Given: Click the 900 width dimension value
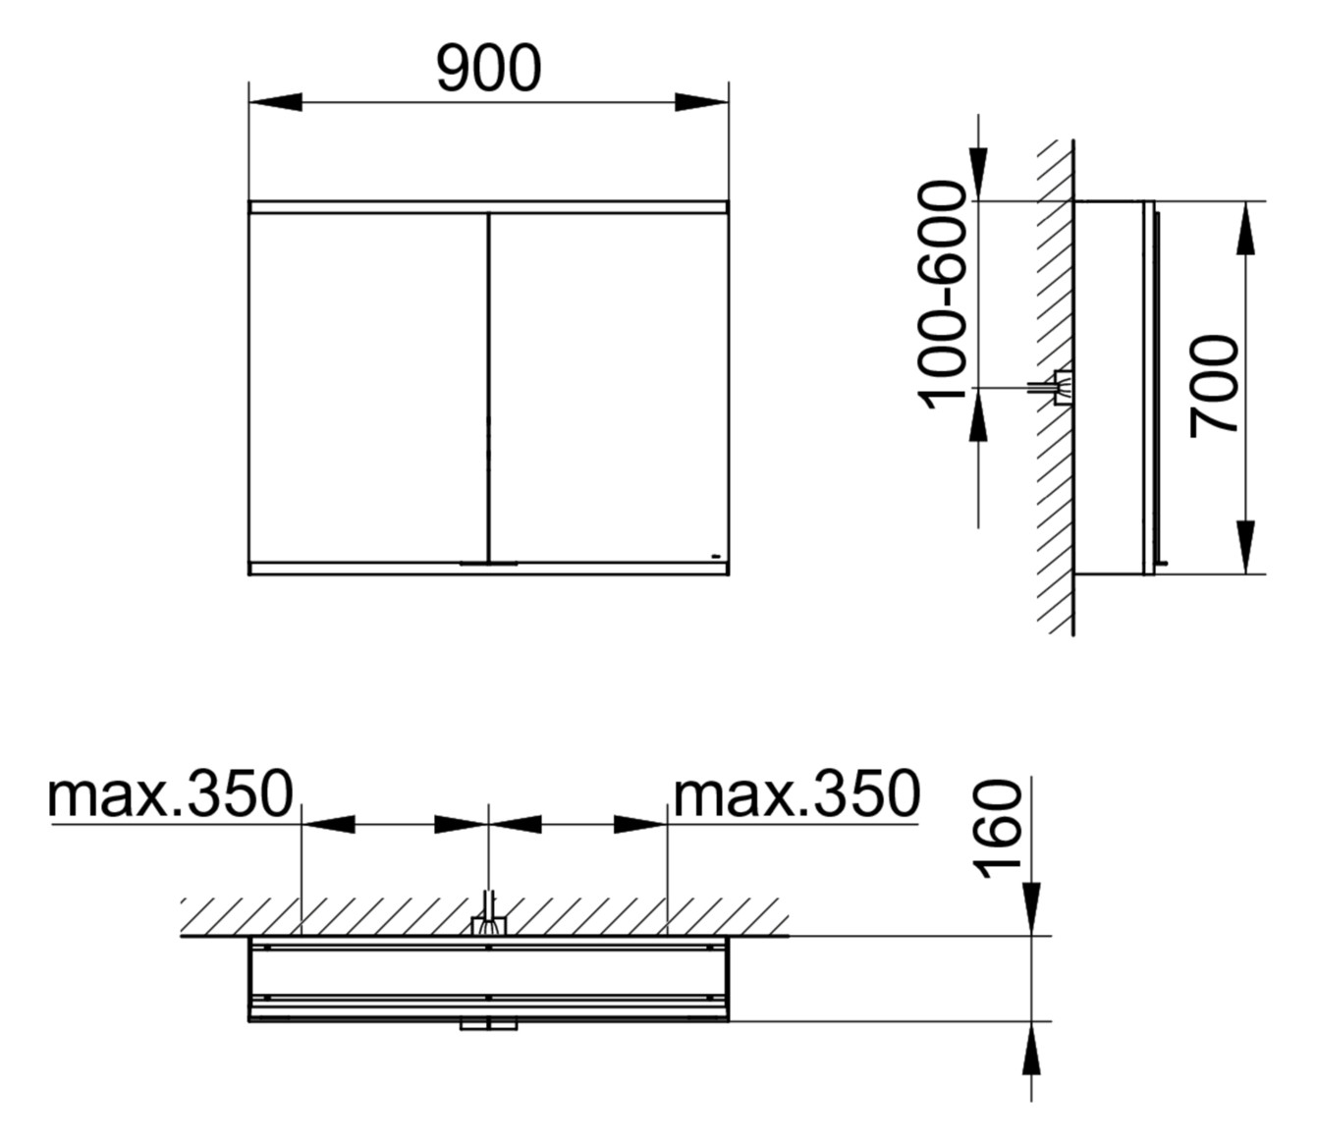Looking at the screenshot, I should coord(488,70).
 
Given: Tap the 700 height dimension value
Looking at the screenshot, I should coord(1214,385).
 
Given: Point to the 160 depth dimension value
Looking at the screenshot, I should coord(998,827).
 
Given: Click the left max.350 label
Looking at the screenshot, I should coord(171,794).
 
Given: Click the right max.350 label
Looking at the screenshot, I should coord(796,794).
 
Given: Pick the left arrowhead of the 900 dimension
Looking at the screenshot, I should coord(276,102).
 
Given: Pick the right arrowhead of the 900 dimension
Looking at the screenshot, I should coord(702,102).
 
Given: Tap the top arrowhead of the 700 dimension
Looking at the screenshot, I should coord(1245,228).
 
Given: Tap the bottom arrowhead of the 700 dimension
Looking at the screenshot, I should coord(1245,547).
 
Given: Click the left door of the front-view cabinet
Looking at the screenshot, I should coord(368,388).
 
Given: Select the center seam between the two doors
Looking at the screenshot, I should coord(488,388).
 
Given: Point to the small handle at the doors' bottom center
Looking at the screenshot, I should coord(488,565).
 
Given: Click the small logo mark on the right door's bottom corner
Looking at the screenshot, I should coord(717,557).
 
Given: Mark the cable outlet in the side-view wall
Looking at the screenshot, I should coord(1059,388).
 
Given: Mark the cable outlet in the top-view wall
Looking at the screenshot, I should coord(488,923).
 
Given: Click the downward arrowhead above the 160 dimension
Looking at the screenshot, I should coord(1031,908).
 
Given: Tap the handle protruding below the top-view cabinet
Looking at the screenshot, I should coord(488,1026).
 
